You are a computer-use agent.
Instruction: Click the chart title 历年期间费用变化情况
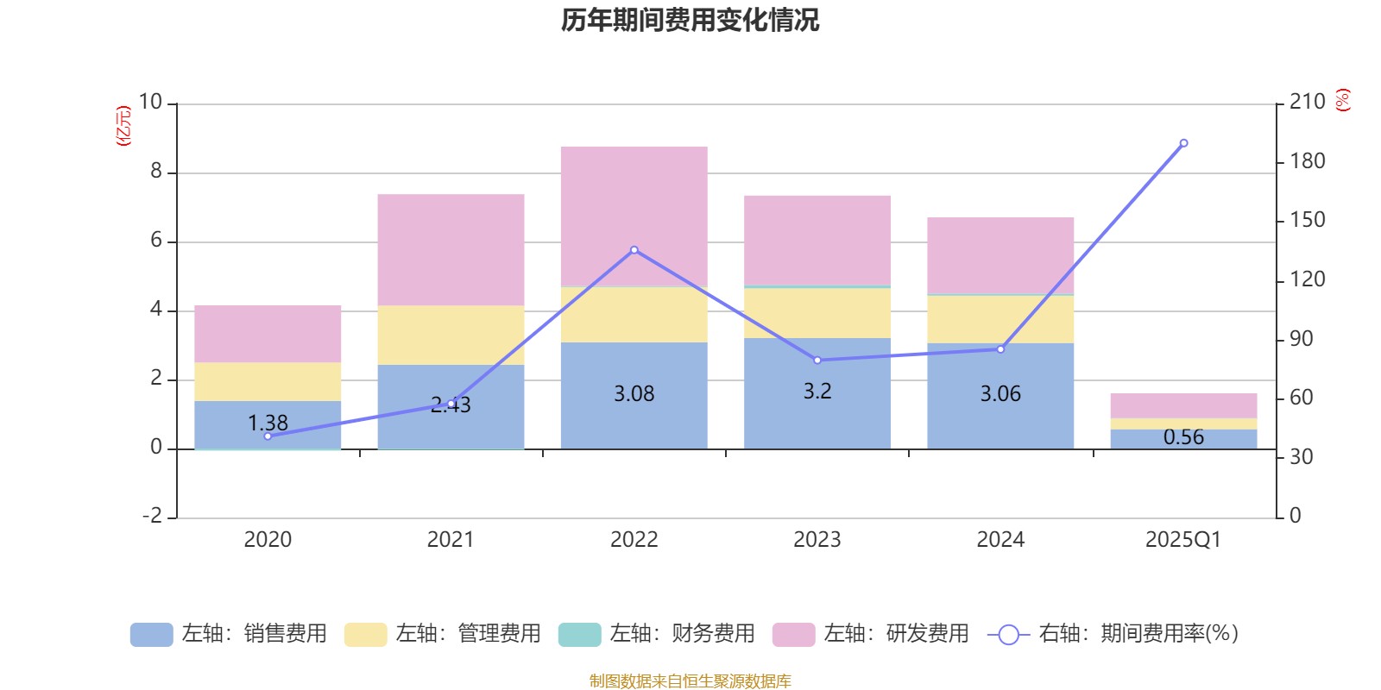coord(690,20)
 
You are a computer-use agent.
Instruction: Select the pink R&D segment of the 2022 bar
coord(634,207)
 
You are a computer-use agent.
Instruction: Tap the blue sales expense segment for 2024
coord(1000,414)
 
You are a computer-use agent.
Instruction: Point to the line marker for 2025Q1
coord(1183,143)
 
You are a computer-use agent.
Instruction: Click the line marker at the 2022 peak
coord(634,250)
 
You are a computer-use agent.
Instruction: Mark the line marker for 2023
coord(817,360)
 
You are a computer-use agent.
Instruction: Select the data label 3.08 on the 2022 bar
coord(634,394)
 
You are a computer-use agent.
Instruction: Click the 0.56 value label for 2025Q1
coord(1183,437)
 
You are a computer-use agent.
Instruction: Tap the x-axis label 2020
coord(268,540)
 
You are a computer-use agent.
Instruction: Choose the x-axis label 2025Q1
coord(1182,540)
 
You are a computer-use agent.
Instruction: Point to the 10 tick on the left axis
coord(151,103)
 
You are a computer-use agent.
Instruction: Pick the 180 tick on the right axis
coord(1307,161)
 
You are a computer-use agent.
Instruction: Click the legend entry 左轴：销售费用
coord(230,634)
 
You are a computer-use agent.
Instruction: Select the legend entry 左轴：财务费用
coord(657,634)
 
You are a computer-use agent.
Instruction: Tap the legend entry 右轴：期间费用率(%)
coord(1113,634)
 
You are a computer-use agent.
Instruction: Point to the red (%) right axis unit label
coord(1342,100)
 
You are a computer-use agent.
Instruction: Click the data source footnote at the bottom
coord(690,681)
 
